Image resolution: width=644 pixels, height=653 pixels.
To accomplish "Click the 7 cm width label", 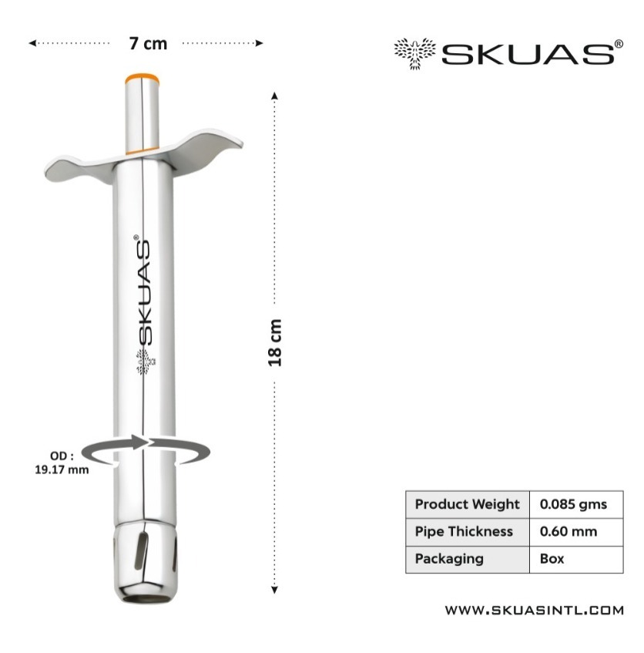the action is [x=148, y=44].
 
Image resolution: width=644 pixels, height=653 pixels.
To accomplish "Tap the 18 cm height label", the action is [x=275, y=343].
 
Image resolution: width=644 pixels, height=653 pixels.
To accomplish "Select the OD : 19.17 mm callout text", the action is [x=62, y=463].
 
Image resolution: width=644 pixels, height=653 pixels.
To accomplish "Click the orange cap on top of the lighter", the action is [x=142, y=78].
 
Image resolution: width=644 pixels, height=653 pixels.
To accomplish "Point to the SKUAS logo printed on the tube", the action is [x=143, y=291].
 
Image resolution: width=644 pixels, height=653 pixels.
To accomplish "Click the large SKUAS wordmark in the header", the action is [x=528, y=54].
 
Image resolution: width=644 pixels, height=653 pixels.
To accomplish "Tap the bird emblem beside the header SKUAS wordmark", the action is [x=415, y=53].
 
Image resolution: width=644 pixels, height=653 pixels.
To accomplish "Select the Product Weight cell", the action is [x=468, y=504].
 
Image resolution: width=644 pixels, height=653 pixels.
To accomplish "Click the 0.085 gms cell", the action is [x=576, y=504].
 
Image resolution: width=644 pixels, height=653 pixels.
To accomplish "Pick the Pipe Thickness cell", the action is [x=468, y=532].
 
